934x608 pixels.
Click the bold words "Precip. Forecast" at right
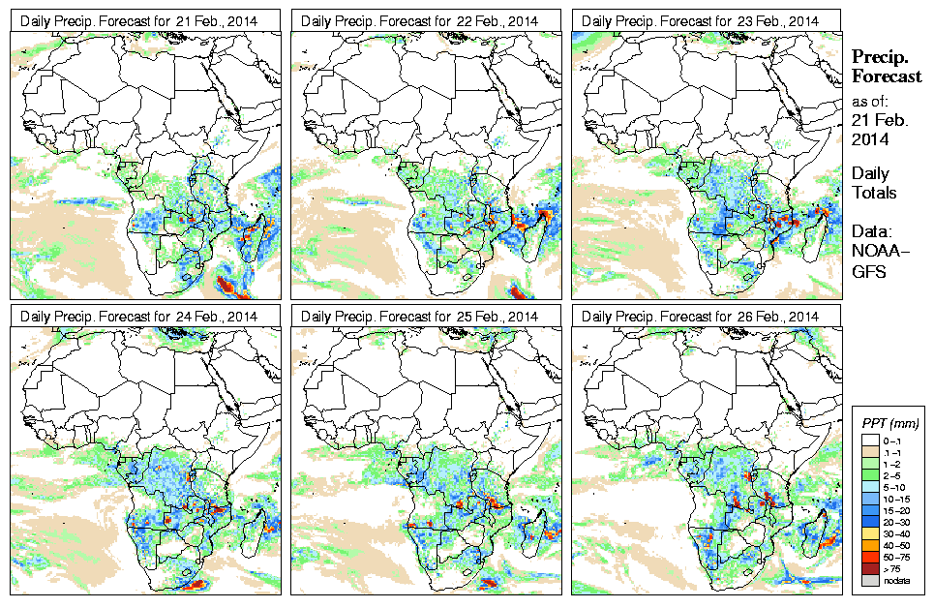point(886,67)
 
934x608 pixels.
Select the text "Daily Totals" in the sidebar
point(874,183)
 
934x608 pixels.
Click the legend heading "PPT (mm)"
point(889,423)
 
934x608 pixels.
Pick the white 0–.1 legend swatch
point(871,441)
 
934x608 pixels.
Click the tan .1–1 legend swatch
point(871,452)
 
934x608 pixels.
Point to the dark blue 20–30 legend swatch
point(871,522)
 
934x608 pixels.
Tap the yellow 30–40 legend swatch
point(871,533)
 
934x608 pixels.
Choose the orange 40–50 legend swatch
point(871,545)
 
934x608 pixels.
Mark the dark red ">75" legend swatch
point(871,568)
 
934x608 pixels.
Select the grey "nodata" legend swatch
point(871,580)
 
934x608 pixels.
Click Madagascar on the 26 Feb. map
point(820,531)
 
